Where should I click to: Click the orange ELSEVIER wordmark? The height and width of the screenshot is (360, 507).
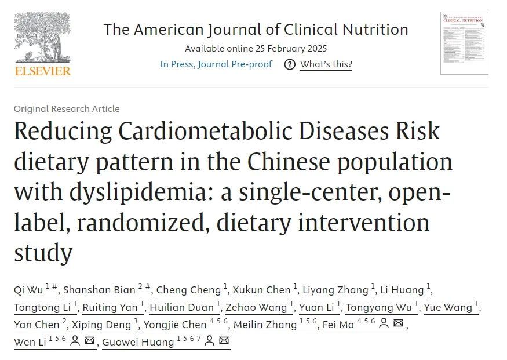tap(42, 71)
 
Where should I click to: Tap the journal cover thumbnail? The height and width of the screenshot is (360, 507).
tap(464, 43)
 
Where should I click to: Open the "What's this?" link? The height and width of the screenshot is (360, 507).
tap(326, 64)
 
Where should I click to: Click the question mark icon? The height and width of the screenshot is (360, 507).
tap(290, 64)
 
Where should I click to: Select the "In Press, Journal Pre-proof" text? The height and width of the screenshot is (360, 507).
tap(216, 64)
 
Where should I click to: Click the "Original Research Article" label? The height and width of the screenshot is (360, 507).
tap(67, 108)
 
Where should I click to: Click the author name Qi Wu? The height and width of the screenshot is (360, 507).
tap(27, 290)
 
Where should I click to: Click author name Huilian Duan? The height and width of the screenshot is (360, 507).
tap(182, 307)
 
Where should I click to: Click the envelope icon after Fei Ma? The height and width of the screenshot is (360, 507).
tap(398, 324)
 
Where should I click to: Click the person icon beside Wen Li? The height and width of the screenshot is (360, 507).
tap(75, 341)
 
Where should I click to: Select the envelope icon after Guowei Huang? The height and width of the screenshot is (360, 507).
tap(224, 341)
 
